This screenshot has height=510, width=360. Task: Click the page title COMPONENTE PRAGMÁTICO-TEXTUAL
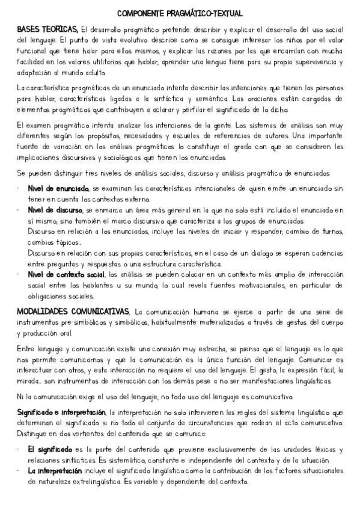(180, 13)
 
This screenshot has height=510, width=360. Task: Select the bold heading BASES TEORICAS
(47, 29)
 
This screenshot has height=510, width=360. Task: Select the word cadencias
(325, 253)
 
